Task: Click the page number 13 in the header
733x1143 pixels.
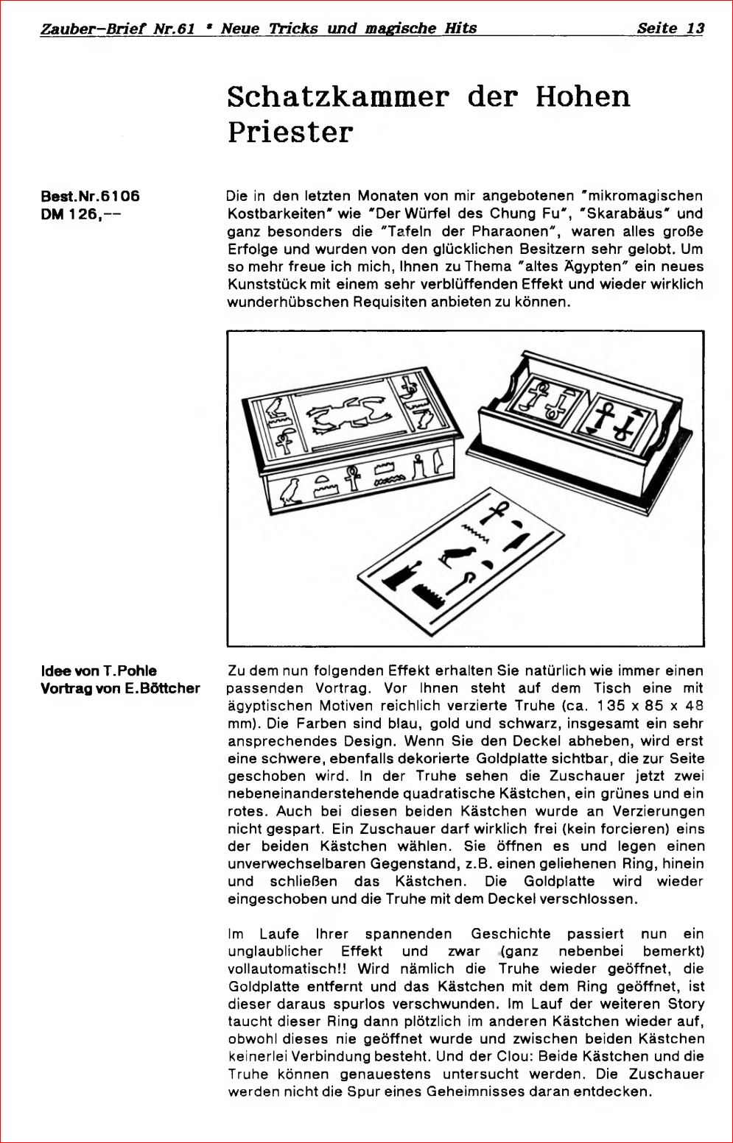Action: point(695,28)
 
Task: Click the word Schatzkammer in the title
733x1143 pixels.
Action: point(338,96)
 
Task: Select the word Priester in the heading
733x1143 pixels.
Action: point(290,132)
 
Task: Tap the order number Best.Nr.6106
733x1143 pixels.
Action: point(90,196)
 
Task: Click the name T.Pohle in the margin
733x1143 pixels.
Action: point(130,670)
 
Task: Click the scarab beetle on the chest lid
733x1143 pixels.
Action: point(346,416)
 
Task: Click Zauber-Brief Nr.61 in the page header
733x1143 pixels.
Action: point(118,28)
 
